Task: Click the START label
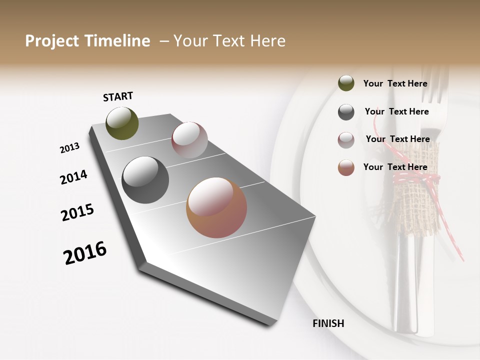[x=118, y=96]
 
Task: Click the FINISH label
[x=328, y=323]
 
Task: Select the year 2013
[x=70, y=148]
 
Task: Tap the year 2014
[x=73, y=177]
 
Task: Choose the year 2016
[x=85, y=252]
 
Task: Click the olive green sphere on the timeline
[x=122, y=123]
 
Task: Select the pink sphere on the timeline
[x=189, y=140]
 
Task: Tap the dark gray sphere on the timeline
[x=145, y=180]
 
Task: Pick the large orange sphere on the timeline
[x=216, y=207]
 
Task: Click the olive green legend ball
[x=346, y=83]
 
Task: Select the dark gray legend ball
[x=346, y=112]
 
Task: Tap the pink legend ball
[x=346, y=140]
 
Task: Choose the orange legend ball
[x=346, y=167]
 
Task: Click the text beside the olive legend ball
[x=395, y=83]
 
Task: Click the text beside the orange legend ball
[x=395, y=167]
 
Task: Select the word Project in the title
[x=51, y=41]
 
